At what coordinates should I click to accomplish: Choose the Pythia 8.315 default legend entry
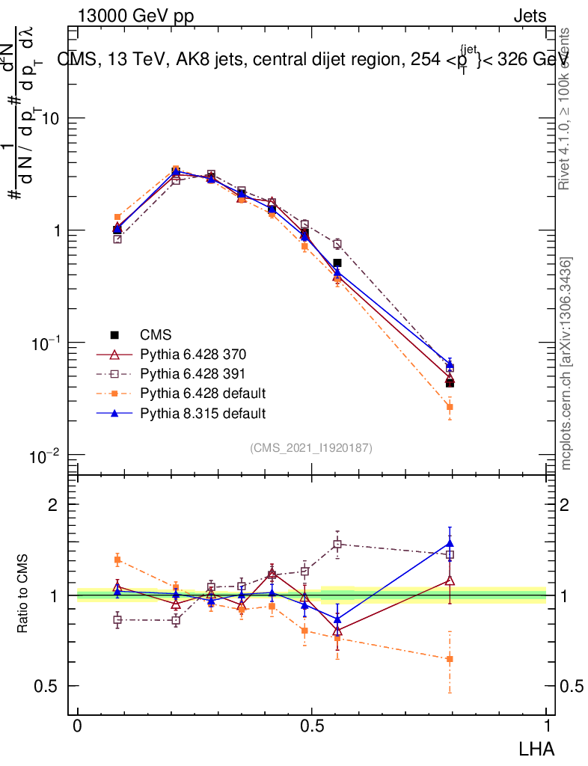pos(202,412)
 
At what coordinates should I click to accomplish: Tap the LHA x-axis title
pos(536,748)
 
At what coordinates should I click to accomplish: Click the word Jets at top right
pos(530,16)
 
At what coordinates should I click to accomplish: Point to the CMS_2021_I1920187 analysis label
pos(311,447)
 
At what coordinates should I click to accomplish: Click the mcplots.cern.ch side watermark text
pos(567,364)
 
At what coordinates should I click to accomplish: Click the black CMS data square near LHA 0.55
pos(337,263)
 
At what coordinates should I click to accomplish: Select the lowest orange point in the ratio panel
pos(450,659)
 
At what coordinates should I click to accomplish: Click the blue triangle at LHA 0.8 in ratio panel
pos(450,544)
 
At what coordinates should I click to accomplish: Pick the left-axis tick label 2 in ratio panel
pos(53,504)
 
